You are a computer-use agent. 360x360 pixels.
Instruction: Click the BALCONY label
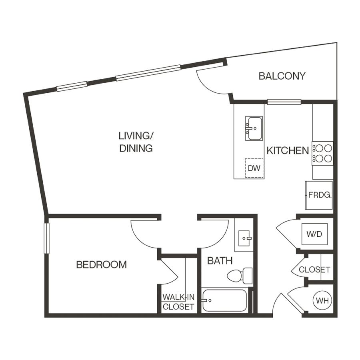[282, 76]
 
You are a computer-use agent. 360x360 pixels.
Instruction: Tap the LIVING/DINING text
[136, 142]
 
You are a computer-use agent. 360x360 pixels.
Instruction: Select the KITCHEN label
[288, 151]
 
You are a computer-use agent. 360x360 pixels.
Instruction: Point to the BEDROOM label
[101, 265]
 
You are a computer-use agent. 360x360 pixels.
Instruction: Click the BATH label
[220, 261]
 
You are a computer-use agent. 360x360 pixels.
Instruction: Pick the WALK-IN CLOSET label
[178, 302]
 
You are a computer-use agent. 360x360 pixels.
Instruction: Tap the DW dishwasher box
[254, 168]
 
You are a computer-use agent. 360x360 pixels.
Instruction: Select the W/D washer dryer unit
[314, 234]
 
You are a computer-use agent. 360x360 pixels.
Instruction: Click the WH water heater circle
[322, 300]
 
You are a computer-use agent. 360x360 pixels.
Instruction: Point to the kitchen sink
[254, 128]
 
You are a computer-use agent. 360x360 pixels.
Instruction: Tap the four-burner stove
[322, 153]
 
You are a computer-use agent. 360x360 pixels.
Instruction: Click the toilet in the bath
[240, 275]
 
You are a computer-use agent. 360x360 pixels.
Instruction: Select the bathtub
[224, 300]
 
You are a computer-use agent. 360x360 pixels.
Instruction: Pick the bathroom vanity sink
[244, 239]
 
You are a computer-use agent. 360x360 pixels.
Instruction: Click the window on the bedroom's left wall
[46, 238]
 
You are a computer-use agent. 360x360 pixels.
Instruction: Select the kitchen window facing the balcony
[284, 102]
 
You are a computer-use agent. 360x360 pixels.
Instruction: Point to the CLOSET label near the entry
[315, 270]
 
